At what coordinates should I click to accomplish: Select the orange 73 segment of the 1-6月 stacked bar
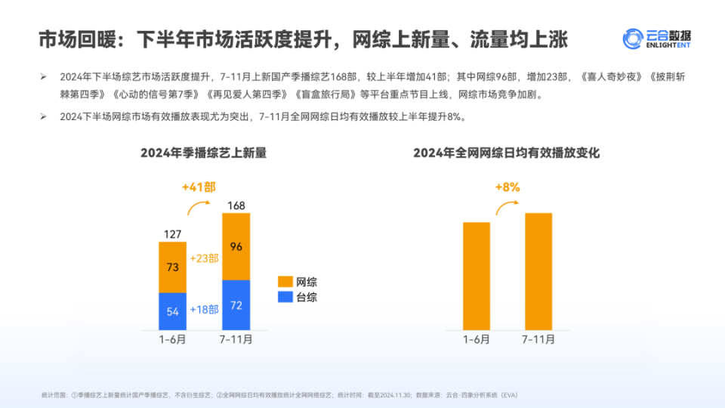(x=173, y=267)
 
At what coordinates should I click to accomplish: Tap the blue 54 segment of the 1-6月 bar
(x=173, y=311)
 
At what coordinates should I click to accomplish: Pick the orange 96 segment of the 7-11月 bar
(x=236, y=246)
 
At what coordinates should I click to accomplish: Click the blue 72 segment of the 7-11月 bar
(x=236, y=304)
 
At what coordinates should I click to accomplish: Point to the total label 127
(x=173, y=234)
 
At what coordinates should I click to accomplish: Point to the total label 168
(x=236, y=206)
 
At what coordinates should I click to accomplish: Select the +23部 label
(x=204, y=258)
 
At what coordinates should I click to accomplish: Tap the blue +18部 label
(x=204, y=310)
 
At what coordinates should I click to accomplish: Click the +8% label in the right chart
(x=507, y=187)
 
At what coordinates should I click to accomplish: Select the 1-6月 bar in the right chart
(x=477, y=276)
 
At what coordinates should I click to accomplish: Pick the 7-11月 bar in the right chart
(x=538, y=271)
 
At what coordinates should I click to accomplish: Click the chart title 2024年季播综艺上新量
(x=203, y=153)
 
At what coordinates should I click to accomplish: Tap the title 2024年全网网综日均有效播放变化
(x=506, y=153)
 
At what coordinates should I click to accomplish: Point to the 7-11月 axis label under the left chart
(x=236, y=340)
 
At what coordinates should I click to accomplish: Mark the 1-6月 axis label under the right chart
(x=477, y=340)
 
